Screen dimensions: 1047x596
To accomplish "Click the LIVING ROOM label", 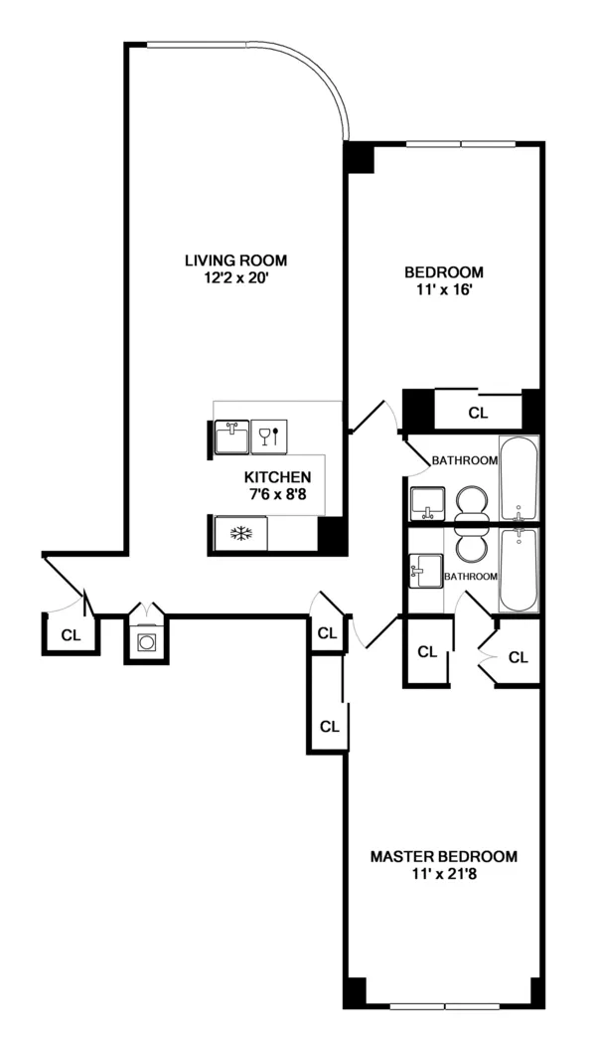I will [x=235, y=261].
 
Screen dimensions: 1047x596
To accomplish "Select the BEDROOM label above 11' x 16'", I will [x=443, y=271].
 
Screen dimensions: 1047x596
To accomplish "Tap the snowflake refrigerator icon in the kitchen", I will [x=239, y=534].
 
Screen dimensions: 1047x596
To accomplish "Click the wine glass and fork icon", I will [x=269, y=436].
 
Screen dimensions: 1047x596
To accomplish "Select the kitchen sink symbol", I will [x=234, y=436].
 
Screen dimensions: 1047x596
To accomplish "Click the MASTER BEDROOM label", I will [x=443, y=856].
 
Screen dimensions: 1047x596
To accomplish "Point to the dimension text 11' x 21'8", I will [x=443, y=874].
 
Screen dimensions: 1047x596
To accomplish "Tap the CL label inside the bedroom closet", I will [x=478, y=411].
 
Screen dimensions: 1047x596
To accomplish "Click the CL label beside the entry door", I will [x=71, y=635].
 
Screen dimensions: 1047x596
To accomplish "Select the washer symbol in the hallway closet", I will [x=147, y=643].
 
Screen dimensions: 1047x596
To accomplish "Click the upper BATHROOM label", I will [x=464, y=460].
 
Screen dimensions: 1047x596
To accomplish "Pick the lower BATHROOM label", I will [x=470, y=576].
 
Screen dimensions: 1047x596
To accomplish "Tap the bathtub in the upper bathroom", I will [x=519, y=478].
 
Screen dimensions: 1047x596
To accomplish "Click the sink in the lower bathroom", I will [x=425, y=571].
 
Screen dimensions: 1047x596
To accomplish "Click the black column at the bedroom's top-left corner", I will [x=359, y=158].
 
